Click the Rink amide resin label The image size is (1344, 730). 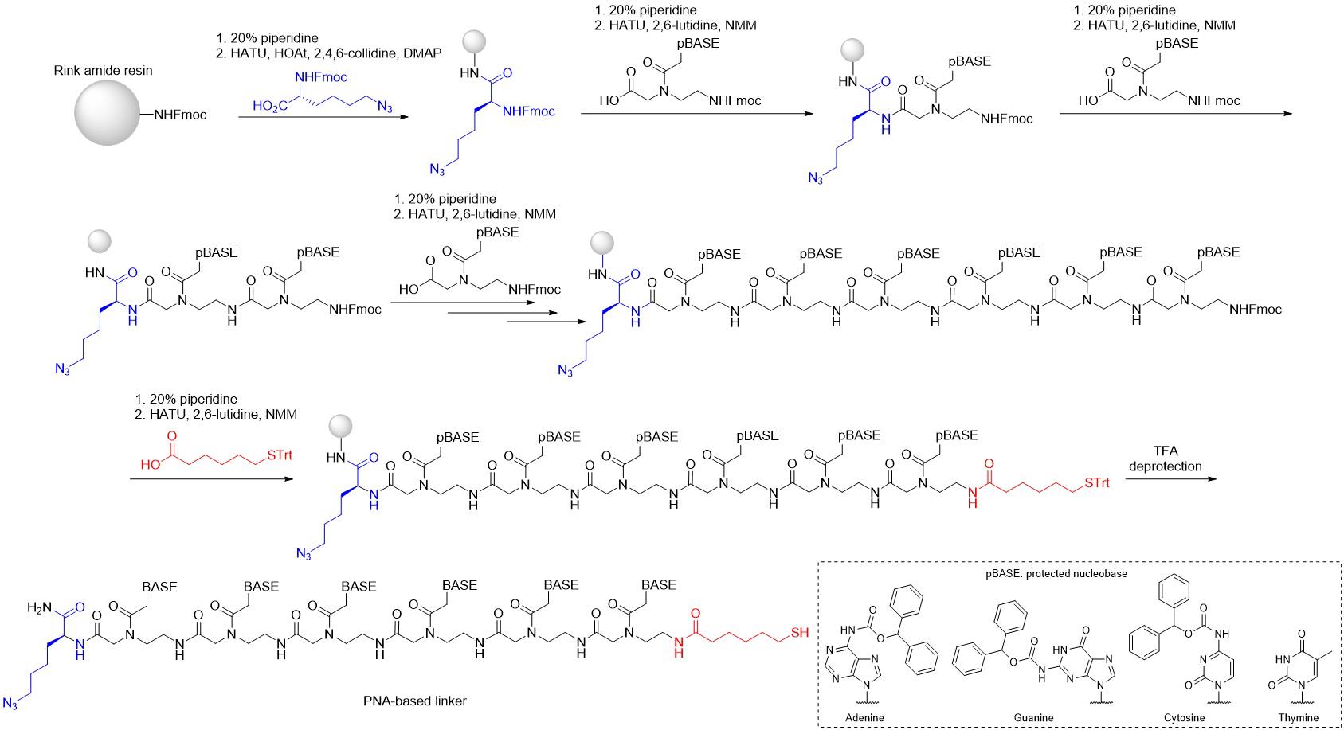click(x=103, y=70)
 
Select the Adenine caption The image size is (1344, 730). click(x=864, y=717)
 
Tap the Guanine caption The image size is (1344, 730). click(x=1033, y=717)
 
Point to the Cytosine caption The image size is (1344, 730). click(x=1185, y=717)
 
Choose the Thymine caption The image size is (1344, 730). click(x=1299, y=717)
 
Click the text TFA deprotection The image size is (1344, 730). click(x=1165, y=459)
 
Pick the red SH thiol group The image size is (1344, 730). click(x=800, y=633)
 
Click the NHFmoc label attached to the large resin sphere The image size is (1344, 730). click(x=180, y=115)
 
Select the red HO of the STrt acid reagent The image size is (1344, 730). click(x=149, y=464)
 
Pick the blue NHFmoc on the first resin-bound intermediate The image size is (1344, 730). click(x=529, y=111)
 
